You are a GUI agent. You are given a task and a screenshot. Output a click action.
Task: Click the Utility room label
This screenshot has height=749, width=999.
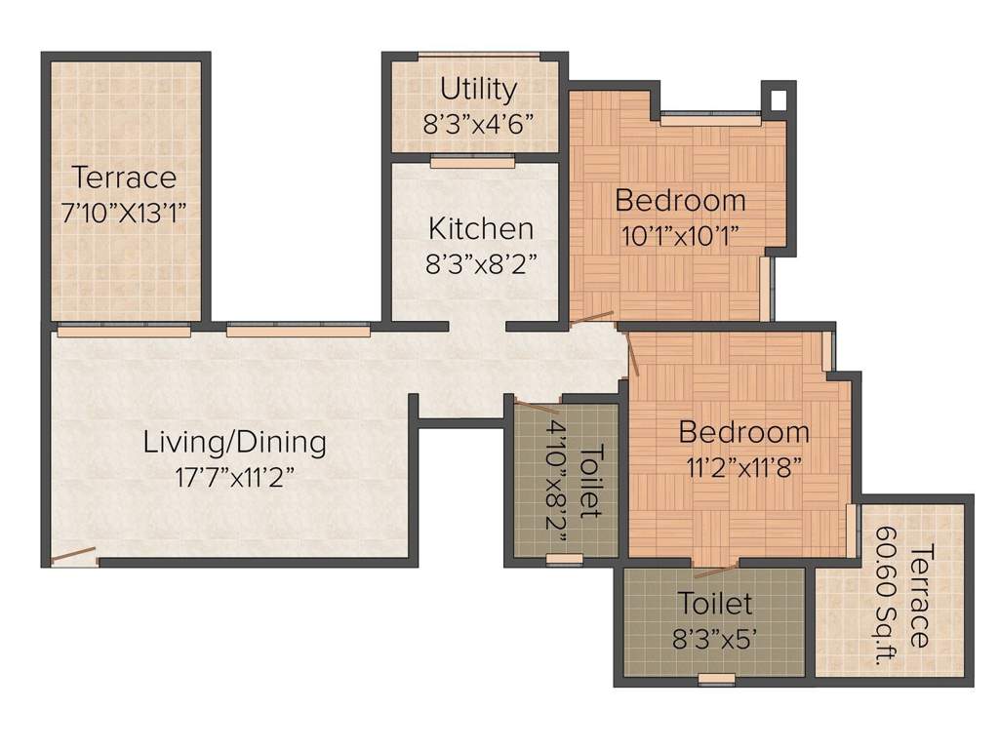[x=478, y=90]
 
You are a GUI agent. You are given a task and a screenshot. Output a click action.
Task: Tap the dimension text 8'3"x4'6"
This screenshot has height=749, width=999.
[x=478, y=125]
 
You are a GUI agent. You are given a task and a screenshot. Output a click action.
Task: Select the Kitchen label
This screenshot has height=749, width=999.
[x=481, y=229]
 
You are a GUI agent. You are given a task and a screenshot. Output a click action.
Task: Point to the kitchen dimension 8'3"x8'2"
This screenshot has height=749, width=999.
[x=481, y=264]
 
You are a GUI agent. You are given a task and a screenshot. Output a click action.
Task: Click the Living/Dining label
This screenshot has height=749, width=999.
[x=234, y=442]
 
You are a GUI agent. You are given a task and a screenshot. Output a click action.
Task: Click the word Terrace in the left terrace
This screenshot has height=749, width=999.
[x=124, y=178]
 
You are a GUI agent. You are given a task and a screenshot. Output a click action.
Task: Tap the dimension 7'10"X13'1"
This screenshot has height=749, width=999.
[x=124, y=213]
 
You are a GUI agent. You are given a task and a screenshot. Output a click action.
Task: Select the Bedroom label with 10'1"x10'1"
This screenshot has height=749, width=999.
[x=680, y=201]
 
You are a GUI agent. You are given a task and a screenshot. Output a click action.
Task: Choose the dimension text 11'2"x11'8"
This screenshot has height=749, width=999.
[x=743, y=466]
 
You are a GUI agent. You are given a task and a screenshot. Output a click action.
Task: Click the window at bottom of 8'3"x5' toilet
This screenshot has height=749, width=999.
[x=717, y=679]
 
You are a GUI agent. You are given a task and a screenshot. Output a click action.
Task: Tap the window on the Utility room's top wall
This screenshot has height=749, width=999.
[x=478, y=56]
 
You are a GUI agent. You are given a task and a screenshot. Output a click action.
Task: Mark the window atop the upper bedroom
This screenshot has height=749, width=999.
[x=709, y=117]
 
